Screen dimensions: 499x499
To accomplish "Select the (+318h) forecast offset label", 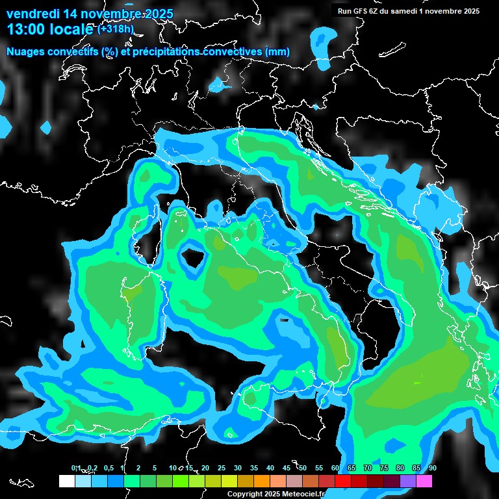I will (x=115, y=29).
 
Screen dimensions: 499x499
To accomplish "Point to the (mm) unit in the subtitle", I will (x=277, y=51).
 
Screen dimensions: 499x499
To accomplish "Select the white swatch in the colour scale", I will (x=66, y=481).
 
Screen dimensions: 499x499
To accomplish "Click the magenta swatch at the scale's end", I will (x=424, y=481).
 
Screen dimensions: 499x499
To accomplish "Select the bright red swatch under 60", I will (x=343, y=481).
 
